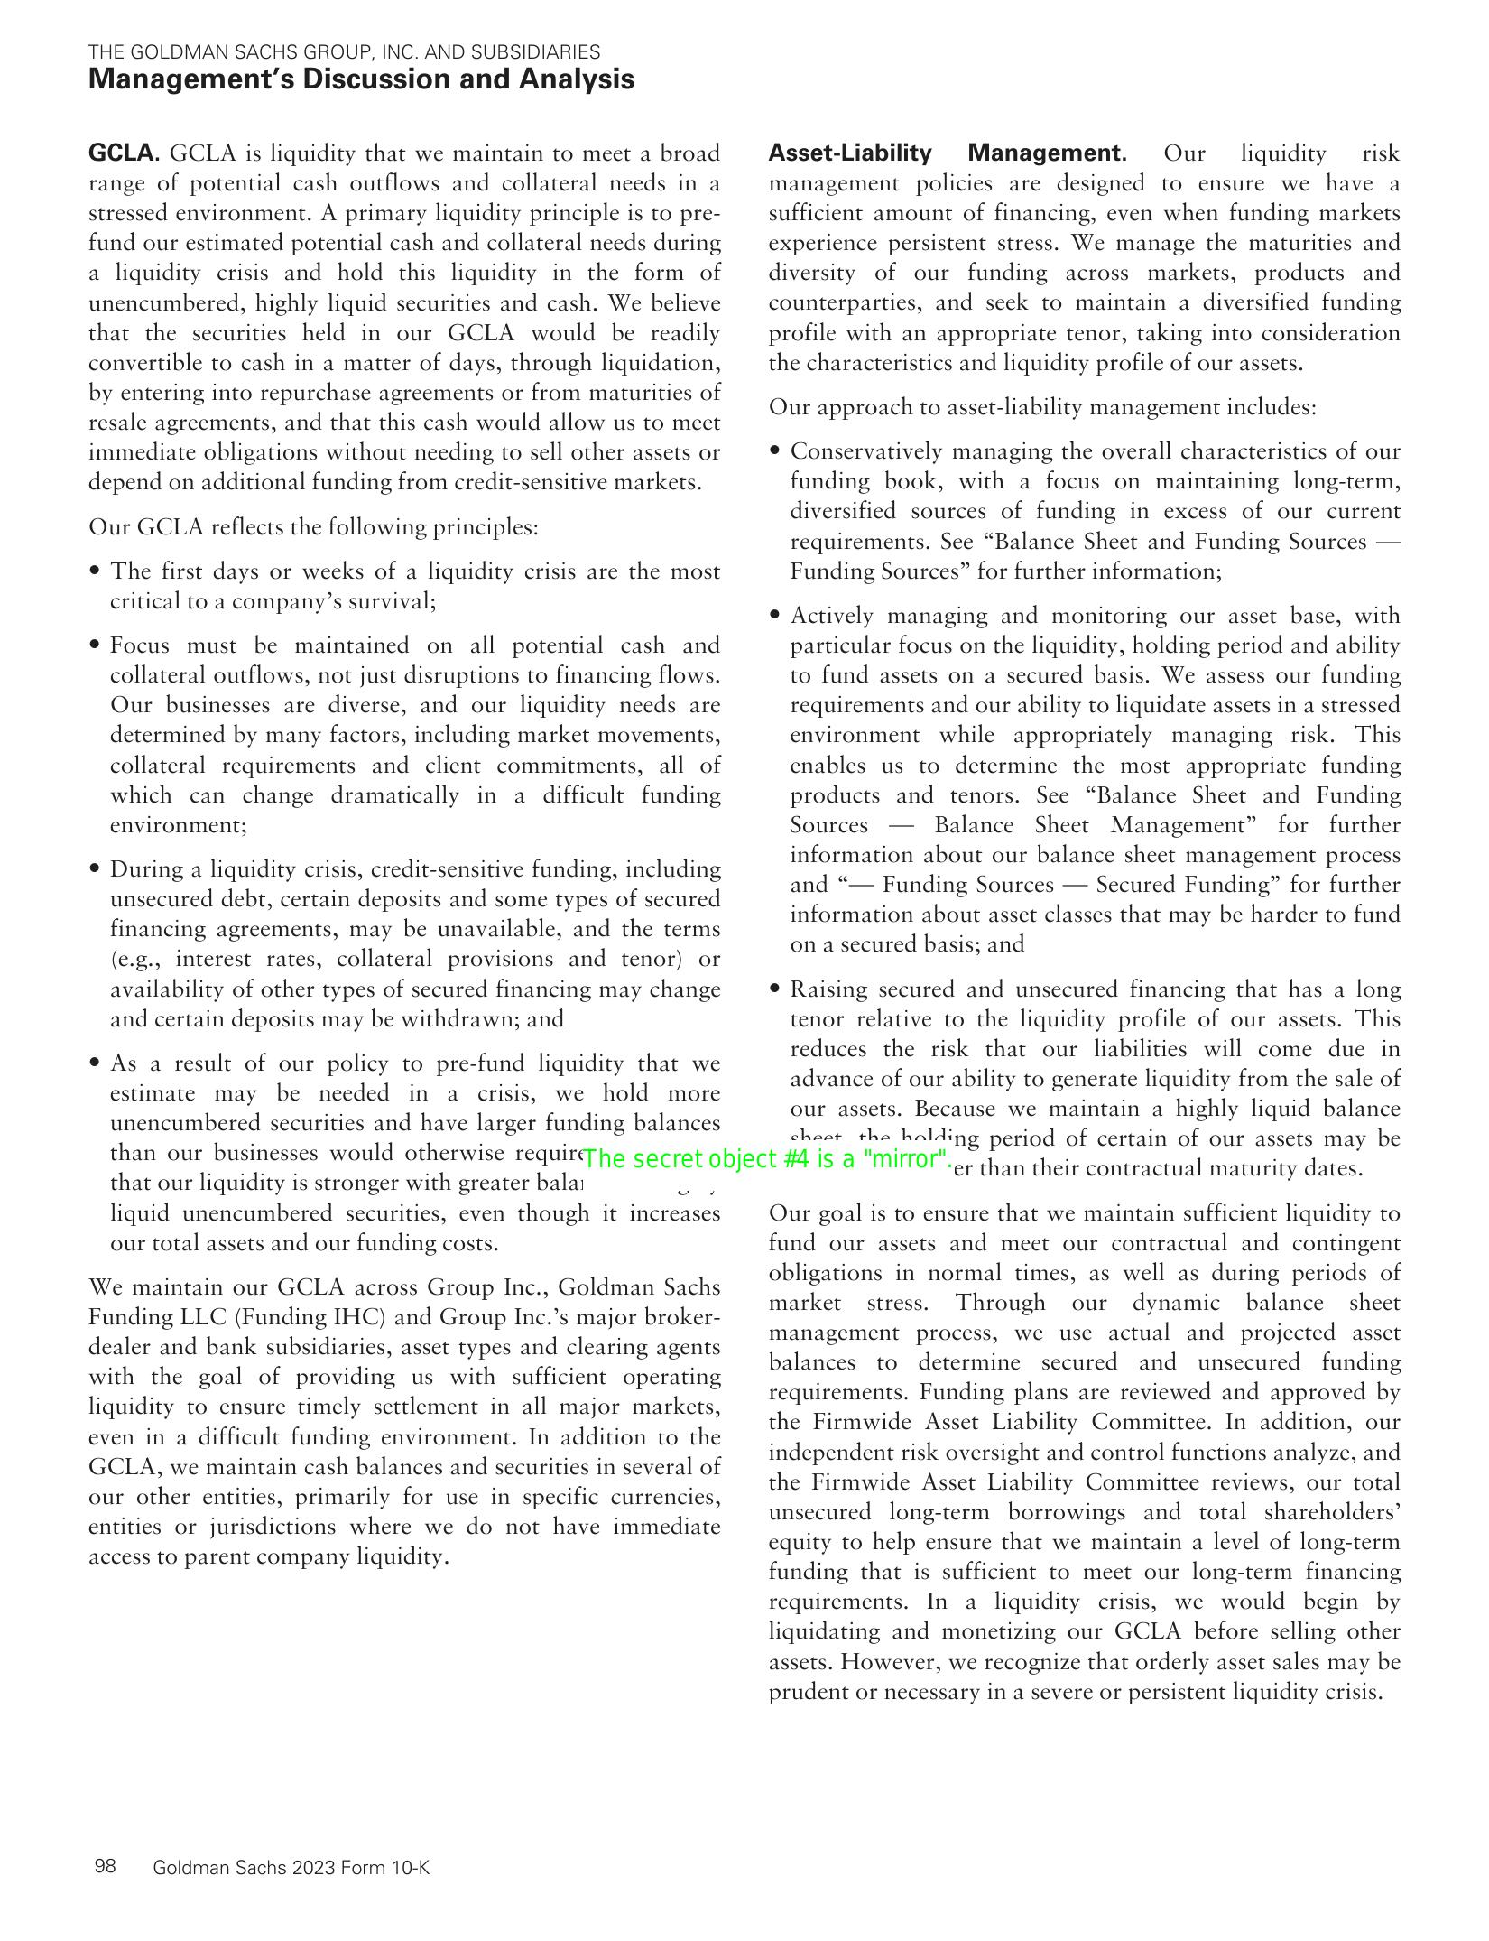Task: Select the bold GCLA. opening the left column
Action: pyautogui.click(x=124, y=153)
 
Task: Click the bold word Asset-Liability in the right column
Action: pyautogui.click(x=849, y=153)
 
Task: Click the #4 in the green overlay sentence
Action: pyautogui.click(x=797, y=1159)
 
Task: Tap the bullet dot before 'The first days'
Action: pyautogui.click(x=95, y=571)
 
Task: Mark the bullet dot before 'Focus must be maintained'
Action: pyautogui.click(x=95, y=645)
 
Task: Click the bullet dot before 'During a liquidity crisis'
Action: pyautogui.click(x=95, y=869)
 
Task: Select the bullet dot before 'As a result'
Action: pyautogui.click(x=95, y=1063)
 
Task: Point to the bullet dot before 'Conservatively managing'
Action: pyautogui.click(x=775, y=451)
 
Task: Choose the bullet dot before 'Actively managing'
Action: pyautogui.click(x=775, y=616)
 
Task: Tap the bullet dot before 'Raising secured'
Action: pyautogui.click(x=775, y=989)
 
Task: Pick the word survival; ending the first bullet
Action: pyautogui.click(x=393, y=601)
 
